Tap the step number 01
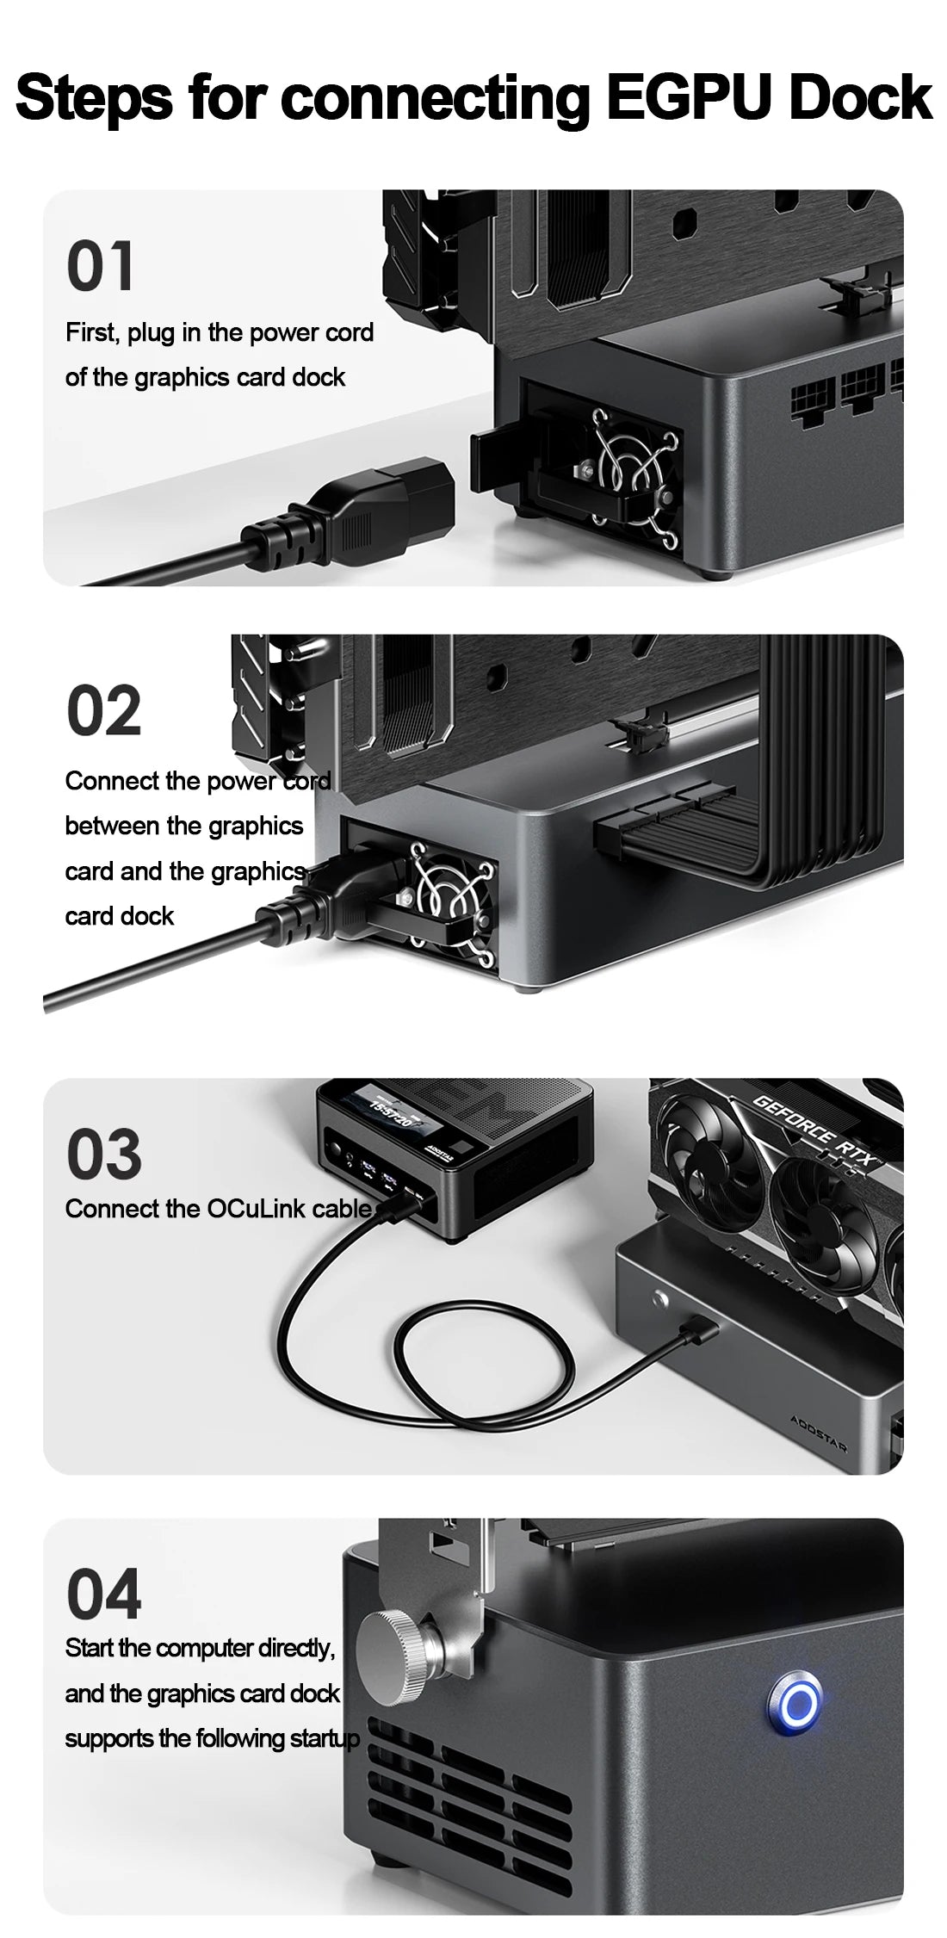pyautogui.click(x=100, y=266)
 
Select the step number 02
pyautogui.click(x=103, y=711)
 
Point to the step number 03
pyautogui.click(x=103, y=1155)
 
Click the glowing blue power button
pyautogui.click(x=794, y=1701)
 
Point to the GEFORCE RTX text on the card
pyautogui.click(x=813, y=1129)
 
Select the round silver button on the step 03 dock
pyautogui.click(x=661, y=1297)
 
